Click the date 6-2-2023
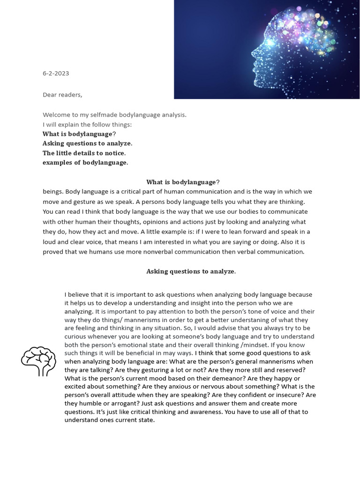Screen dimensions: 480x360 click(56, 74)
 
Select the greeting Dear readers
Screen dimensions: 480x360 click(62, 95)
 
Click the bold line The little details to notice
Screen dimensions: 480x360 click(84, 153)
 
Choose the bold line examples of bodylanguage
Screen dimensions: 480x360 click(85, 163)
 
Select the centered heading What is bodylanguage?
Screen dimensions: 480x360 click(183, 182)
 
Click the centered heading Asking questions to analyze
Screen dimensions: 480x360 click(191, 271)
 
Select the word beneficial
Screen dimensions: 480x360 click(146, 353)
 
